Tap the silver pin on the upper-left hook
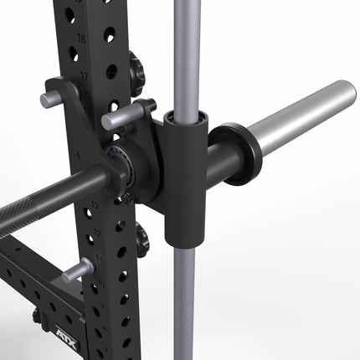point(52,100)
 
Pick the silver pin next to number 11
point(76,270)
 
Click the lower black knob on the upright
point(141,238)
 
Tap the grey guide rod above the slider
point(184,50)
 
